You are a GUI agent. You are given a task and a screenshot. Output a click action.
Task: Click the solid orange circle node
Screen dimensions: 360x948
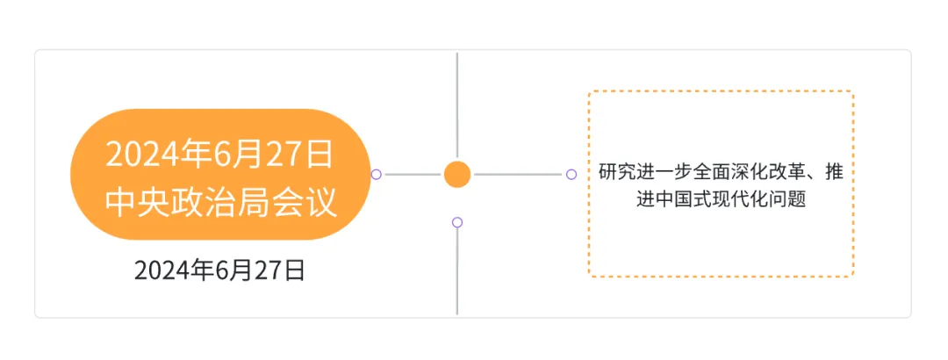(x=457, y=174)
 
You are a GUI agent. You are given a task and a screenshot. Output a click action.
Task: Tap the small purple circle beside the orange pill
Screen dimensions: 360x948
(x=377, y=174)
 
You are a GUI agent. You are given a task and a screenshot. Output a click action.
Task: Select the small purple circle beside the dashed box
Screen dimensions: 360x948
(x=571, y=174)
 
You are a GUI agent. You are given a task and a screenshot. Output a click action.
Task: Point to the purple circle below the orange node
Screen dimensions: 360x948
(x=457, y=222)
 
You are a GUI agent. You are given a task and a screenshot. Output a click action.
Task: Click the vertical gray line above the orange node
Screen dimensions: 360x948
(x=457, y=105)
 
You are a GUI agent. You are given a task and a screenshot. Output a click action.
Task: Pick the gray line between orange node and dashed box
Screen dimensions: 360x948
(x=518, y=174)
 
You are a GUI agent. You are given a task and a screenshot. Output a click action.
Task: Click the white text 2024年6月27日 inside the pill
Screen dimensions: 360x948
(x=219, y=154)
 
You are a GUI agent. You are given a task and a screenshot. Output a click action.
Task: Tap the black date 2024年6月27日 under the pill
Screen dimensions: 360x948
(x=219, y=270)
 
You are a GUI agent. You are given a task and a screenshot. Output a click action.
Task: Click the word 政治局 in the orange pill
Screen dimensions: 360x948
(x=219, y=202)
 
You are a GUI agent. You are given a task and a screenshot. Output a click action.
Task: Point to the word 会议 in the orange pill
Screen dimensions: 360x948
(x=308, y=202)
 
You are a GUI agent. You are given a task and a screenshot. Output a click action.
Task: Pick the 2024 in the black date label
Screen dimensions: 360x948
(x=162, y=270)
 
